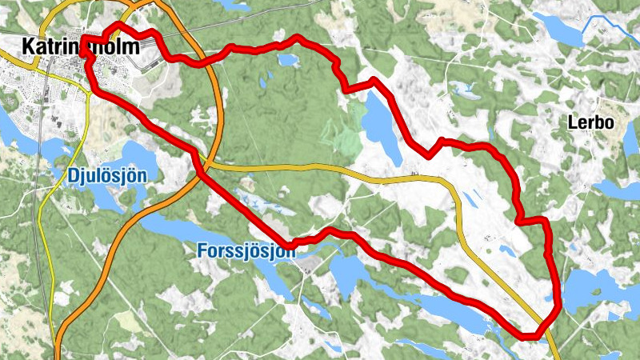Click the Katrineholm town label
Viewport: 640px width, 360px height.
pyautogui.click(x=80, y=47)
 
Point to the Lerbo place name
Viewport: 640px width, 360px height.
pyautogui.click(x=590, y=123)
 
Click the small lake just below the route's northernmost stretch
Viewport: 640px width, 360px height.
pyautogui.click(x=286, y=60)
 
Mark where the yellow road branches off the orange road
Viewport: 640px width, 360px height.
pyautogui.click(x=210, y=166)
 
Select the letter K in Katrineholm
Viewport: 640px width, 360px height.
pyautogui.click(x=29, y=47)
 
